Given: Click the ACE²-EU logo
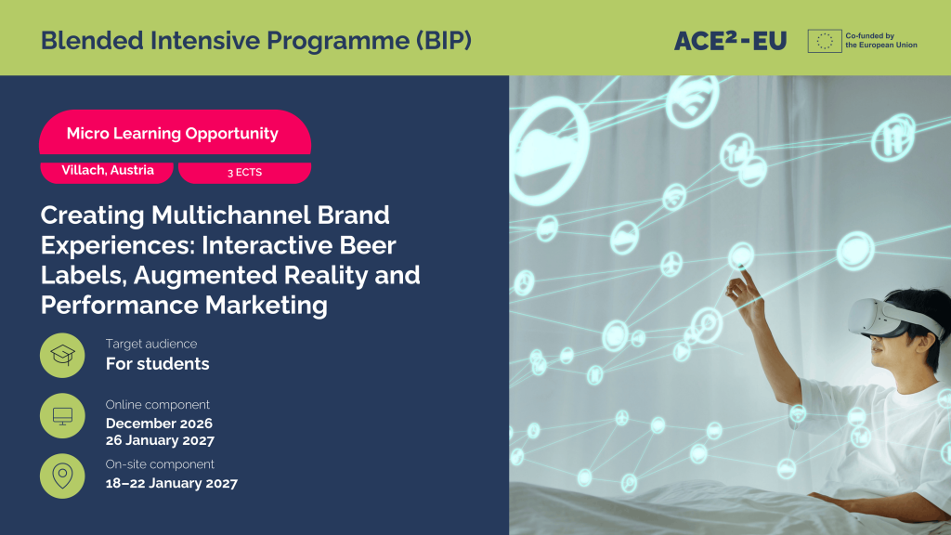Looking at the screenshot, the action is (730, 41).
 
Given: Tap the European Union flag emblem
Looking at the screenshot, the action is (825, 41).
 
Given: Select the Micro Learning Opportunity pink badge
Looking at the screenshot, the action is (175, 133).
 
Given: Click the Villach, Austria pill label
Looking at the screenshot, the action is (107, 171).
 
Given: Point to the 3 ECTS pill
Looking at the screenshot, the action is (244, 172).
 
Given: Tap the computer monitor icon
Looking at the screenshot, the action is (62, 415).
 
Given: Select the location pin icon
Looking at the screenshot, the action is (62, 476).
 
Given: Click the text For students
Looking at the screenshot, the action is (157, 364).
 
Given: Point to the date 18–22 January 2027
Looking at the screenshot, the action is (172, 483).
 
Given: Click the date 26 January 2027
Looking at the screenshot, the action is (160, 440).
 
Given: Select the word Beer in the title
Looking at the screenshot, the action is (368, 245).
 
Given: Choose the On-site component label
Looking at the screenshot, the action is (160, 464).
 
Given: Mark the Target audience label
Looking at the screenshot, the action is (151, 344).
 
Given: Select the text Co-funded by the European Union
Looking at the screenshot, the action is (881, 41).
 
